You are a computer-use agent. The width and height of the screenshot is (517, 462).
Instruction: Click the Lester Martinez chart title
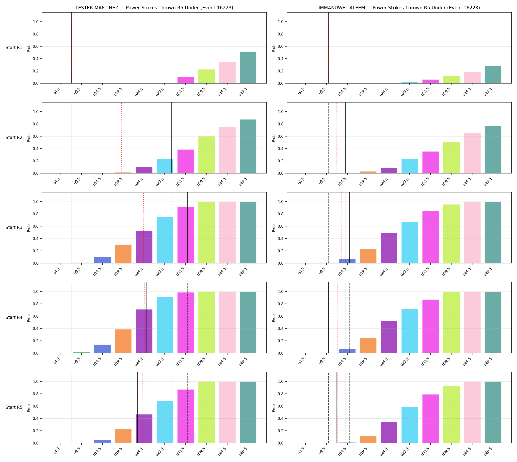tap(154, 8)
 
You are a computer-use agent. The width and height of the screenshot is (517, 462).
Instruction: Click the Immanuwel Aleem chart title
tap(399, 8)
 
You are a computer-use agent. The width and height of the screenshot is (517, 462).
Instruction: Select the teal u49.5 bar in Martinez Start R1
tap(248, 68)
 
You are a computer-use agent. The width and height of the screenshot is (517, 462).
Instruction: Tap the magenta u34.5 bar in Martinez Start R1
tap(185, 80)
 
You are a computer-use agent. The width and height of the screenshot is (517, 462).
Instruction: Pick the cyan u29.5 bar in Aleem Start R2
tap(409, 166)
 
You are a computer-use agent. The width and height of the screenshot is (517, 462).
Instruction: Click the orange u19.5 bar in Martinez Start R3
tap(123, 254)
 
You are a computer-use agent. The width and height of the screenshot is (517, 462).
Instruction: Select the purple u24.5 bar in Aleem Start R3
tap(389, 248)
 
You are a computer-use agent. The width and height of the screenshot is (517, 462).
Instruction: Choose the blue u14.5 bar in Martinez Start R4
tap(102, 349)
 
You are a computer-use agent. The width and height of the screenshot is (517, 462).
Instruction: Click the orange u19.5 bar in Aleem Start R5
tap(368, 439)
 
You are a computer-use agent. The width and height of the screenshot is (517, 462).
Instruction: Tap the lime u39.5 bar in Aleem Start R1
tap(451, 80)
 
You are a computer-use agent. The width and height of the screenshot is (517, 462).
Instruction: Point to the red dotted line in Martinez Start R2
tap(121, 138)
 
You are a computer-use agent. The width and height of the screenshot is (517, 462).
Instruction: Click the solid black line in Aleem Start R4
tap(328, 318)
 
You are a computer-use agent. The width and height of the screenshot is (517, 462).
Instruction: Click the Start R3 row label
tap(14, 227)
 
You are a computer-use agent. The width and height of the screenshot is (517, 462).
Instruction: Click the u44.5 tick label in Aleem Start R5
tap(467, 451)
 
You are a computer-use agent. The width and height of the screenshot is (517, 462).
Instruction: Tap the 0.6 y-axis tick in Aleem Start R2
tap(281, 137)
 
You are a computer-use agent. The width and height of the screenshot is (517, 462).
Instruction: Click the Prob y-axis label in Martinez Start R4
tap(29, 318)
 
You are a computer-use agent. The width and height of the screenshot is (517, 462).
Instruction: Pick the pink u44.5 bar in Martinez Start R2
tap(227, 150)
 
